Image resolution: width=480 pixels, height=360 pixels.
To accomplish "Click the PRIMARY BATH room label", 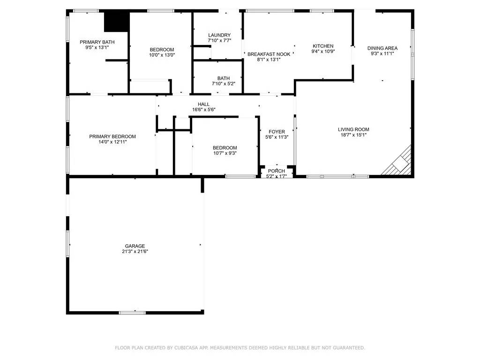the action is (x=97, y=42).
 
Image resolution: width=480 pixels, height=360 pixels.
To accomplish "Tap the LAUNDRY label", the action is (x=219, y=35).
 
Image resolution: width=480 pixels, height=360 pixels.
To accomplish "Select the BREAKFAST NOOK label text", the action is (x=269, y=54).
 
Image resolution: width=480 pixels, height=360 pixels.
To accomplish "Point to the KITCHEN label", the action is (x=323, y=46).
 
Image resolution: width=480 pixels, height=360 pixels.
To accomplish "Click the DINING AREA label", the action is (x=382, y=48).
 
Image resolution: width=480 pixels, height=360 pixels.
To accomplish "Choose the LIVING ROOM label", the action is (x=353, y=129).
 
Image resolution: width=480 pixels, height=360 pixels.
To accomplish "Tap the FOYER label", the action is (x=277, y=132).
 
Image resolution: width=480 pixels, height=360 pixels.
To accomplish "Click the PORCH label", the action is (x=277, y=171).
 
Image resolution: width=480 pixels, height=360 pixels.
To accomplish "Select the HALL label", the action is (x=203, y=105).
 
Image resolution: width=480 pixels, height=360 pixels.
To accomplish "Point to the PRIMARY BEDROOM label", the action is (x=112, y=136).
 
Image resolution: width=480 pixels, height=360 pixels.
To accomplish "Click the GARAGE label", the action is (x=135, y=246).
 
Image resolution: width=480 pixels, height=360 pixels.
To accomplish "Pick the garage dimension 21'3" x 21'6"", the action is (x=135, y=252).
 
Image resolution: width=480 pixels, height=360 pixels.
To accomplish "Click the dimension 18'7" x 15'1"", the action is (x=353, y=135).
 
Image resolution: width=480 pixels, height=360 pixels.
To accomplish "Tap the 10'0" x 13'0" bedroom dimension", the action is (x=162, y=55).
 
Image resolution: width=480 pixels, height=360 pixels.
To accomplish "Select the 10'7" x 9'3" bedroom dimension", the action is (x=225, y=153).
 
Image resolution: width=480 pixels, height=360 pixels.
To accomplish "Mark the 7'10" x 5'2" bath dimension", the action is (x=224, y=83).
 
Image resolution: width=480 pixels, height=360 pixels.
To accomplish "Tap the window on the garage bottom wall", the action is (x=132, y=313).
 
